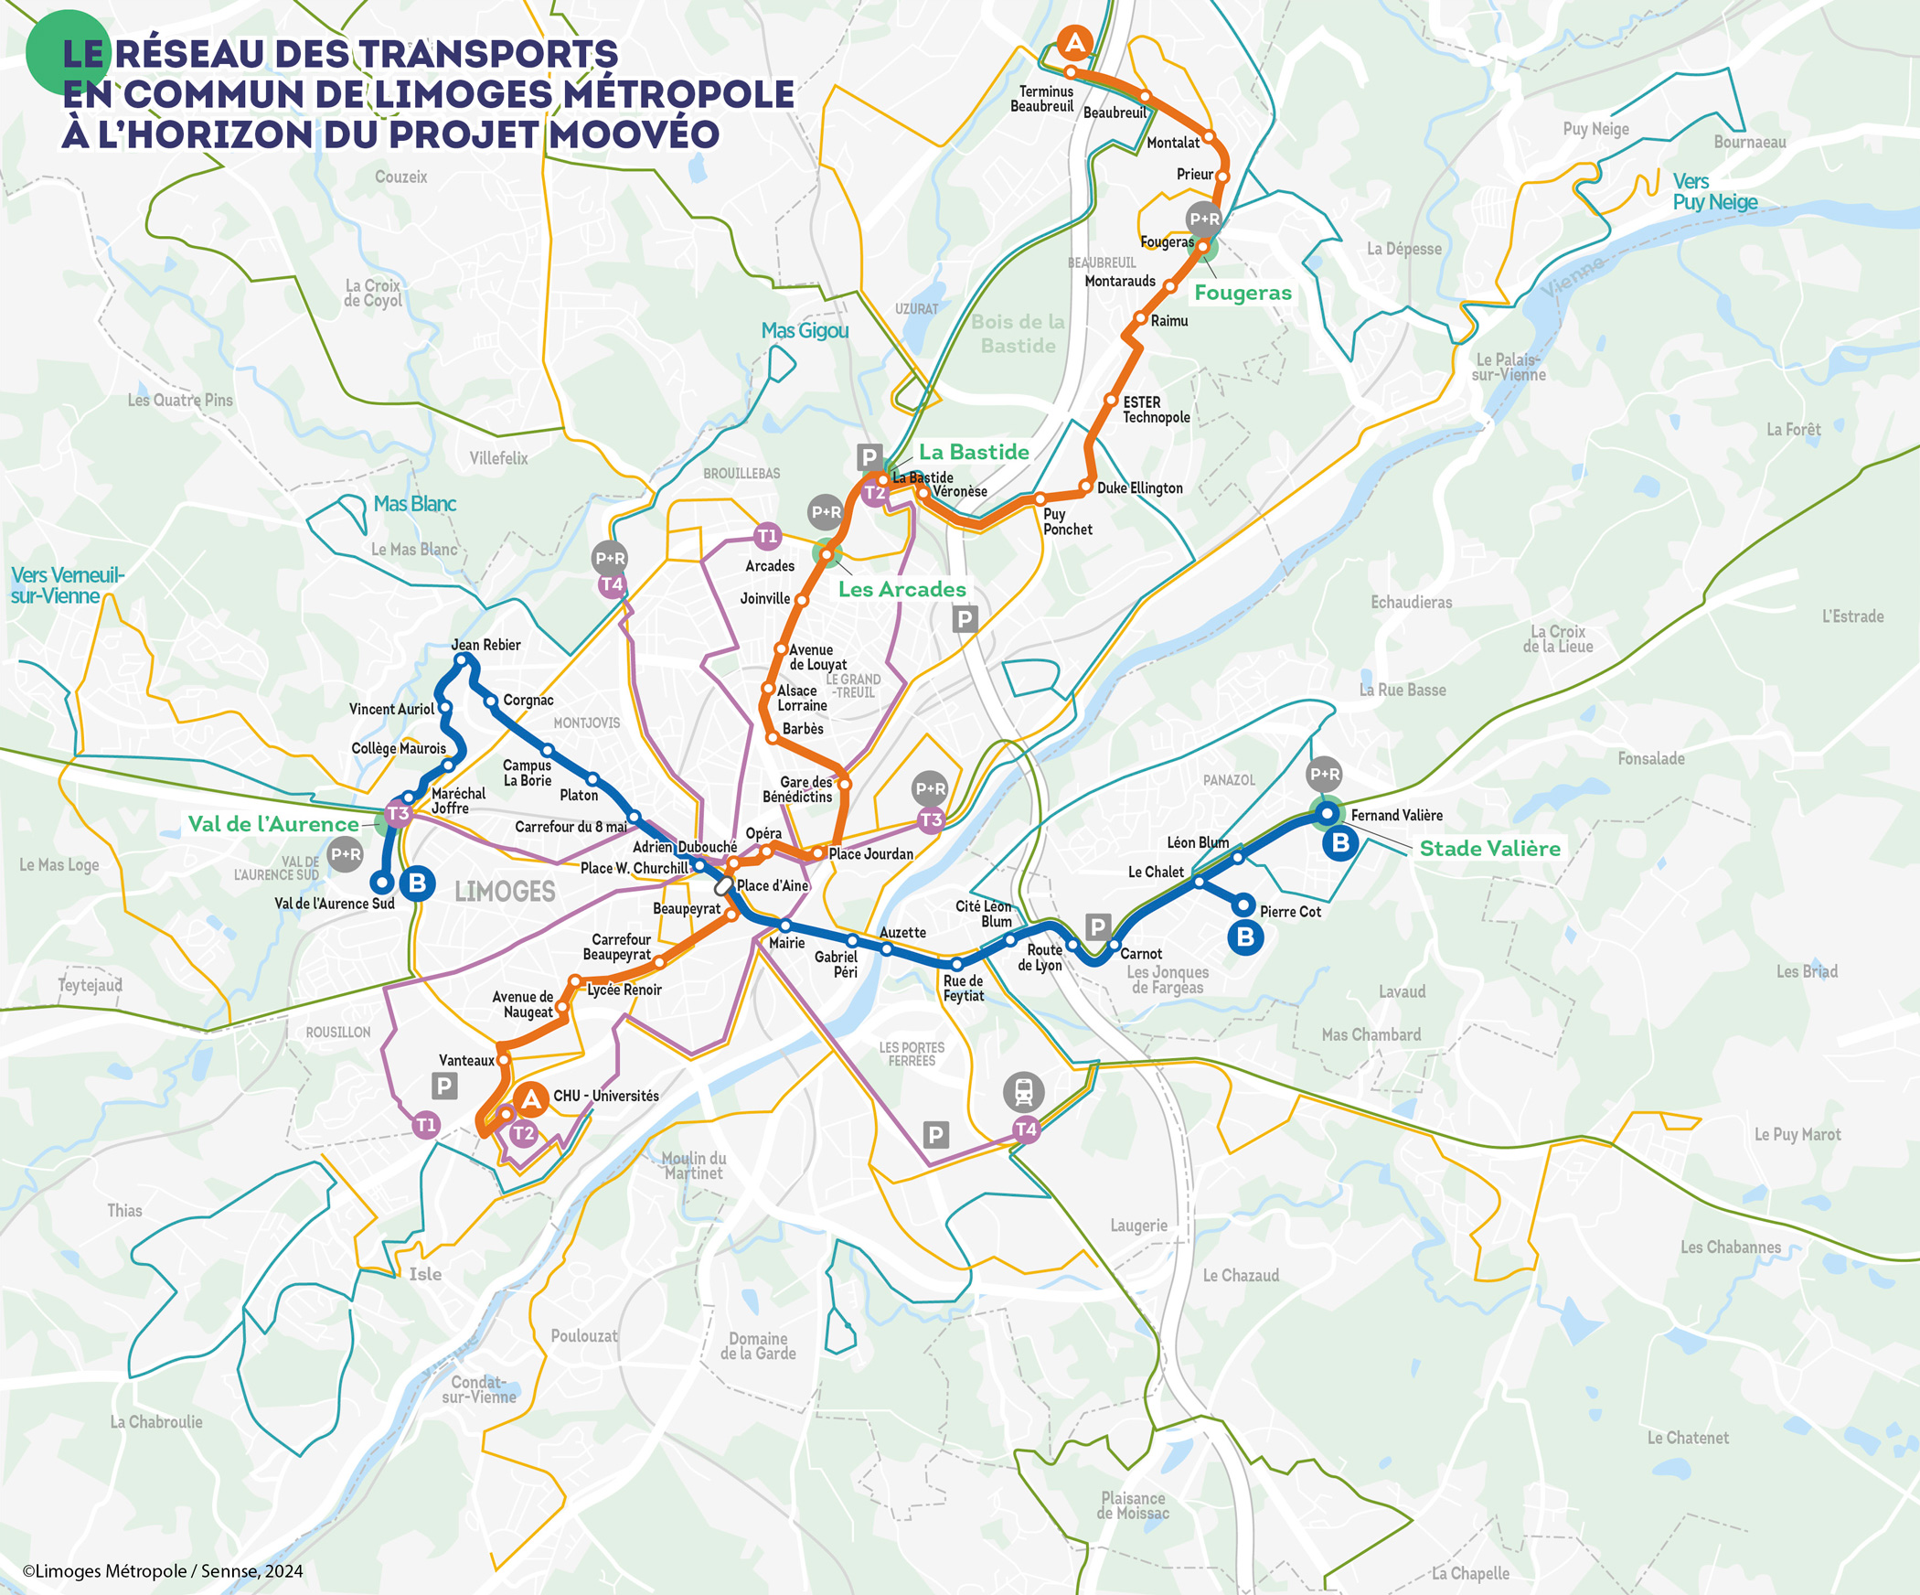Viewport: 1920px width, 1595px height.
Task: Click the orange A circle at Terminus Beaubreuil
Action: [x=1075, y=43]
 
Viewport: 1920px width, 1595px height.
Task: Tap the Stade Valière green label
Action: [x=1489, y=849]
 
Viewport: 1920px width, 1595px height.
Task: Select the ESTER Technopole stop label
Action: [x=1156, y=410]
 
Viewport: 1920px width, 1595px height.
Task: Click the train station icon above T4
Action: [x=1024, y=1090]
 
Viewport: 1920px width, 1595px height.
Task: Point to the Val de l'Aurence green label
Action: [x=273, y=824]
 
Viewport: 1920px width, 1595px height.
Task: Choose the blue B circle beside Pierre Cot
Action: [x=1245, y=937]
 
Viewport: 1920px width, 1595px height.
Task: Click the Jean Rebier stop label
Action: [x=485, y=645]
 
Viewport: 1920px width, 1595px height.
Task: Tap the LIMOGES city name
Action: [x=505, y=892]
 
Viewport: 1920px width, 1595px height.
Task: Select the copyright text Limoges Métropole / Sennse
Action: [x=163, y=1571]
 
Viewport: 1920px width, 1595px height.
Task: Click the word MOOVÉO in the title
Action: [x=635, y=134]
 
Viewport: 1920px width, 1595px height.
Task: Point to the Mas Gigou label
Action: [x=805, y=331]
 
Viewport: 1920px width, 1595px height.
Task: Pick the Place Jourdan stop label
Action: [x=870, y=854]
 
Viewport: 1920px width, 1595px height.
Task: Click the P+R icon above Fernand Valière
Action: [x=1324, y=775]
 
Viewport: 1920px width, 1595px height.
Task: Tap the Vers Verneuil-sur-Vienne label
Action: [x=66, y=585]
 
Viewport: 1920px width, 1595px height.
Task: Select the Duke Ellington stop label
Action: [x=1139, y=488]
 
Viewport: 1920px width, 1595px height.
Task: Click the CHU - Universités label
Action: [x=605, y=1096]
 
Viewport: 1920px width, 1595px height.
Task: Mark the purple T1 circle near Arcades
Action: [x=767, y=536]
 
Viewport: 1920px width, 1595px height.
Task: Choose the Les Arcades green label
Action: [x=901, y=590]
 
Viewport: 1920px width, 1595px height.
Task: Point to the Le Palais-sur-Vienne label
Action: [x=1509, y=367]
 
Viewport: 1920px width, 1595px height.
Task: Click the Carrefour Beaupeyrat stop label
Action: [x=618, y=947]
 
